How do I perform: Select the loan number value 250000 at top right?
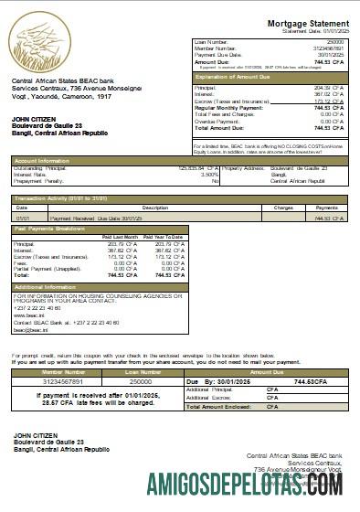(x=335, y=42)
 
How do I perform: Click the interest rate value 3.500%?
(x=210, y=175)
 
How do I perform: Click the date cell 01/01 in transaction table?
(x=22, y=219)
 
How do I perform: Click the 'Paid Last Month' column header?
(x=120, y=237)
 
